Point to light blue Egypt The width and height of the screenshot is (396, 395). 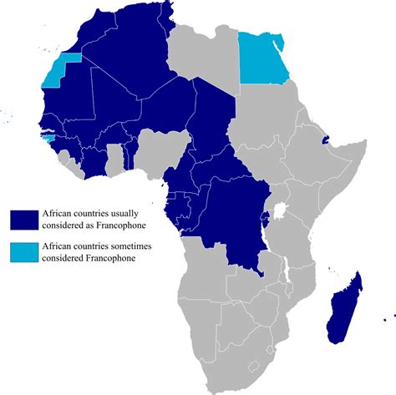(x=264, y=58)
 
